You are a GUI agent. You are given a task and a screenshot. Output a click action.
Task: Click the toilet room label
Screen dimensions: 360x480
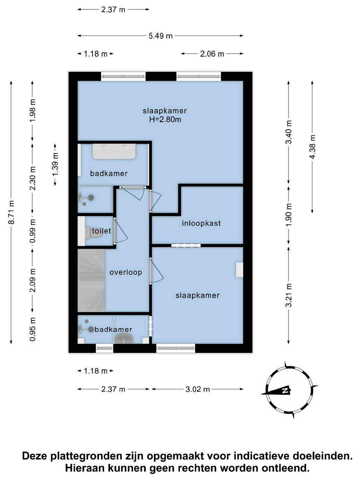click(x=101, y=231)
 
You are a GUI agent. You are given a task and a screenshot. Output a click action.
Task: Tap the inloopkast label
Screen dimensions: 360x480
click(x=201, y=223)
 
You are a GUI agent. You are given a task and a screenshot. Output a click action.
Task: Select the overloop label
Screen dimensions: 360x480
click(x=126, y=272)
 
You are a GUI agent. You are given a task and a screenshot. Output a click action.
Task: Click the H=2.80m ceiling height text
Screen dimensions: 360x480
click(x=165, y=120)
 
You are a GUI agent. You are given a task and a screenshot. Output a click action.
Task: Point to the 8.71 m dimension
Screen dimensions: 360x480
click(x=11, y=212)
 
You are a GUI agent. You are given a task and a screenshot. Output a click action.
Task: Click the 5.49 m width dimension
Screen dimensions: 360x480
click(x=161, y=36)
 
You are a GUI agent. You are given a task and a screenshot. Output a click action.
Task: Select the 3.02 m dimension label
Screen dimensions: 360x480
click(x=198, y=389)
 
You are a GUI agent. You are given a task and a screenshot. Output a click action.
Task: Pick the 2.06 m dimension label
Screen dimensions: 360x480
click(x=212, y=54)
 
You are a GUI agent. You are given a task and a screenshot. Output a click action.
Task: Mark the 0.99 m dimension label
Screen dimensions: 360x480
click(x=33, y=231)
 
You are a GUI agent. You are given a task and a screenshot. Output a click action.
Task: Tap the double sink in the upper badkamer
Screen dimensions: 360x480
click(x=114, y=151)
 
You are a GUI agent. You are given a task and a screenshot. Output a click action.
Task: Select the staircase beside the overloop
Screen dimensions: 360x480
click(x=91, y=281)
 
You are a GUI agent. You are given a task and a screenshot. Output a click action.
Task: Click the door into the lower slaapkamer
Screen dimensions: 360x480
click(x=156, y=271)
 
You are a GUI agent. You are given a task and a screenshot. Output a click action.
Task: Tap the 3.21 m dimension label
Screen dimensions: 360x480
click(x=289, y=295)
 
